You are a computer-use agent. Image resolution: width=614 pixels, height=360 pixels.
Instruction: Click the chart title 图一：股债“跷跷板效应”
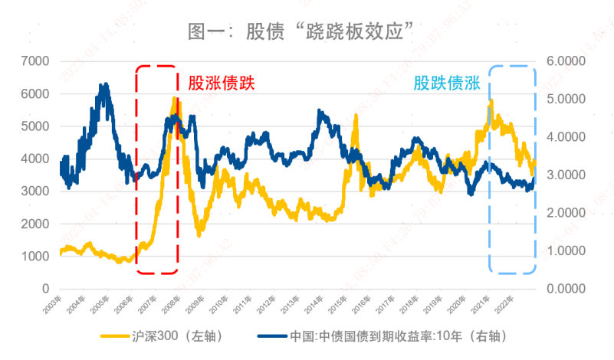(x=306, y=32)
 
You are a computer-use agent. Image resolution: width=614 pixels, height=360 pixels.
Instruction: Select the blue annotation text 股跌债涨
(x=447, y=83)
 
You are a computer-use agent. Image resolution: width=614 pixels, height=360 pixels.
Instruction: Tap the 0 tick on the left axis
(x=45, y=289)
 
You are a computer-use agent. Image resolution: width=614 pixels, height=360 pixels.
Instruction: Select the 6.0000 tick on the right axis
(x=564, y=61)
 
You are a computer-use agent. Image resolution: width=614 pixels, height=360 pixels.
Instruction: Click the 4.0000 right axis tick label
(x=564, y=136)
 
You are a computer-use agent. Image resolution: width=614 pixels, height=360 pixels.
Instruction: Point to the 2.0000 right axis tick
(x=564, y=213)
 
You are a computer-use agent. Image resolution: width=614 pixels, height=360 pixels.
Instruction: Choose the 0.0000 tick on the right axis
(x=564, y=289)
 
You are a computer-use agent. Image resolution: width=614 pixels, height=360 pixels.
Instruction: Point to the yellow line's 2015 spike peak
(x=355, y=116)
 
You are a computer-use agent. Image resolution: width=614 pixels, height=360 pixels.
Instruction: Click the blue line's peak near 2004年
(x=105, y=85)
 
